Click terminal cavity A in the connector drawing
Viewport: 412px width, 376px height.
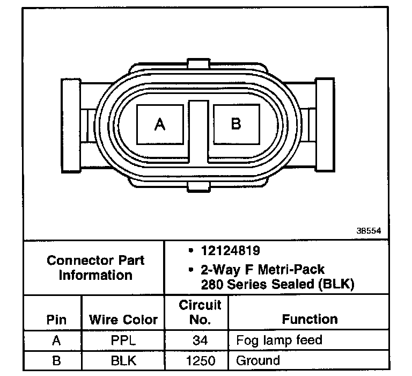(x=160, y=125)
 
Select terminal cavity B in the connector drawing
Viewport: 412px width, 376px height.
(x=237, y=124)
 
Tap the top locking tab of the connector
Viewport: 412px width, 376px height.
(x=198, y=64)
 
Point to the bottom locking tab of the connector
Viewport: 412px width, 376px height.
(x=198, y=186)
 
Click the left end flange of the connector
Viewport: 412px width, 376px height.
(x=71, y=126)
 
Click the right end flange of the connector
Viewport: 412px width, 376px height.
(x=325, y=125)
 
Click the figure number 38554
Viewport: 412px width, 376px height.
(x=369, y=231)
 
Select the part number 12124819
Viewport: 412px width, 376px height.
(x=231, y=250)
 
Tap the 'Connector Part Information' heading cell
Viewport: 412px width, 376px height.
(x=95, y=268)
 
